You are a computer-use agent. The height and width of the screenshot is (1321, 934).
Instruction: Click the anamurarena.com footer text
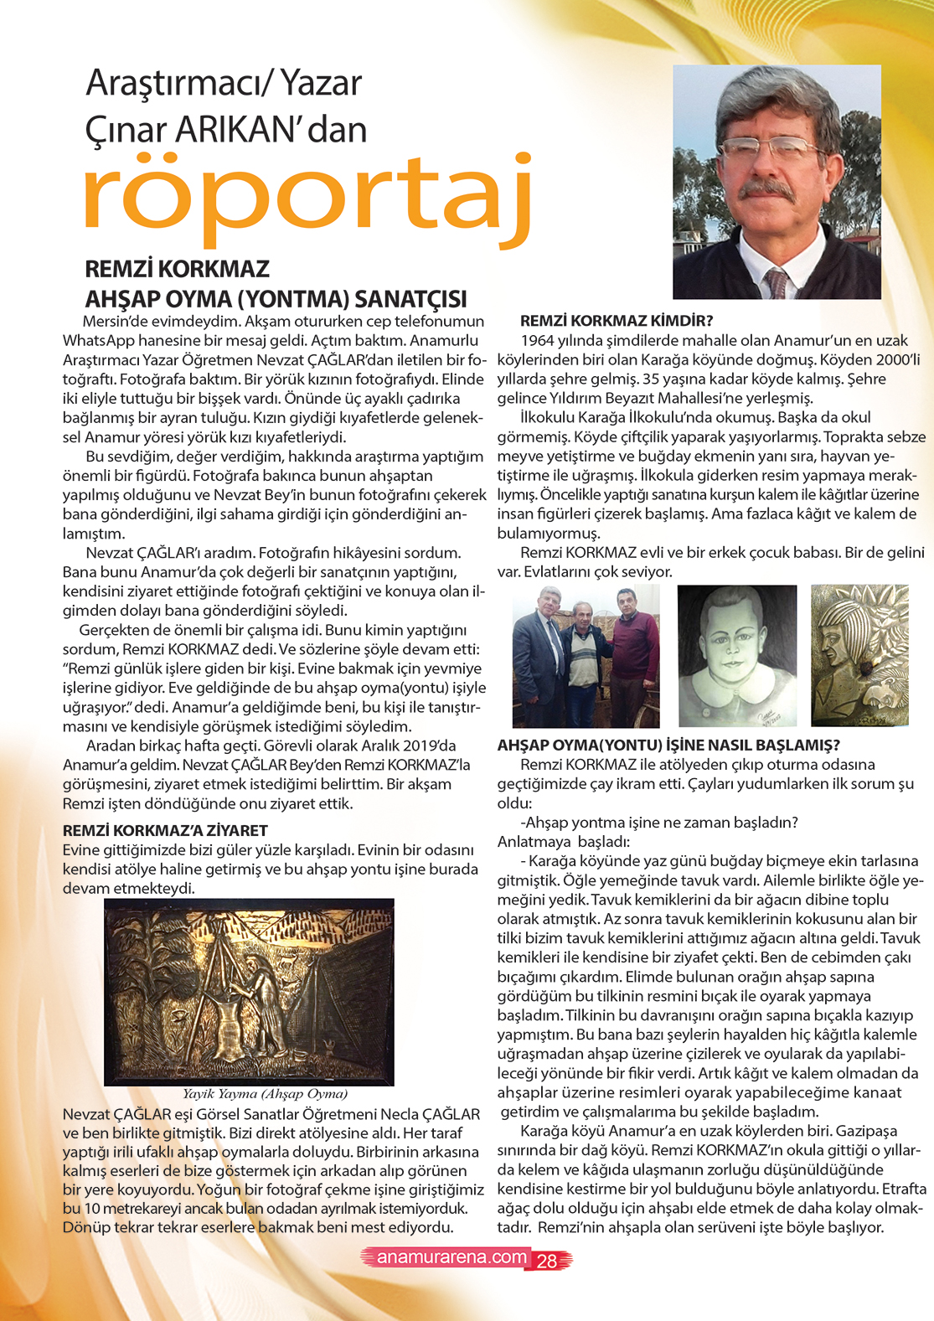(452, 1257)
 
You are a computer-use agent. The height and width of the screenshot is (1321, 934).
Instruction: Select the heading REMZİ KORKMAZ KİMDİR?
(617, 321)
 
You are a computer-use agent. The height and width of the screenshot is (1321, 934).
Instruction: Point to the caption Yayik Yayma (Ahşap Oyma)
(265, 1093)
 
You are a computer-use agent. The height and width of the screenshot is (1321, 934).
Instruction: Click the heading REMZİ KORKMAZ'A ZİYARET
(165, 830)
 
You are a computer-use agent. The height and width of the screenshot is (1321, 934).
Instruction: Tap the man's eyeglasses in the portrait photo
(768, 151)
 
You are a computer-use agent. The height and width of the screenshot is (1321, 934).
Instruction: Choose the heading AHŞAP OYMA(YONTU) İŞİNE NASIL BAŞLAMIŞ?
(668, 745)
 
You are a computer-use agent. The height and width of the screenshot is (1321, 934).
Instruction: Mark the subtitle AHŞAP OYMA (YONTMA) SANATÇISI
(276, 299)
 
